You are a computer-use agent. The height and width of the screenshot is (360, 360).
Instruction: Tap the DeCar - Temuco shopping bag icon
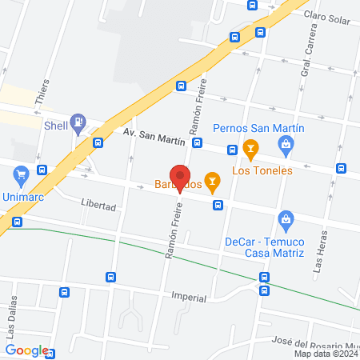tap(284, 218)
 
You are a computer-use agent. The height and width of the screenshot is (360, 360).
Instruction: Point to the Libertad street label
tap(98, 206)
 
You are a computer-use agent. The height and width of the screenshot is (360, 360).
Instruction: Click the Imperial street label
tap(189, 297)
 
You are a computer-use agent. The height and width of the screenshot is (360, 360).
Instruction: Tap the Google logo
tap(26, 350)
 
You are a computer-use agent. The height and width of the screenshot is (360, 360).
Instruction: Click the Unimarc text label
tap(22, 195)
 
